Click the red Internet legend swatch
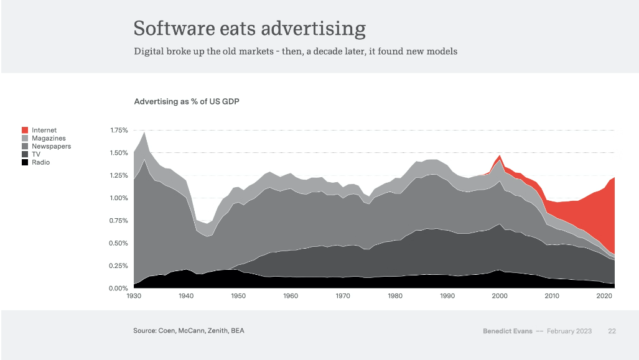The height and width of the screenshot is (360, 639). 25,130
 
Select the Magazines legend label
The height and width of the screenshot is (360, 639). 49,138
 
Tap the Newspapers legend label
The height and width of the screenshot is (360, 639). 51,146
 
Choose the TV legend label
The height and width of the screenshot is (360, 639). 37,154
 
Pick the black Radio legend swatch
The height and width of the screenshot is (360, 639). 25,162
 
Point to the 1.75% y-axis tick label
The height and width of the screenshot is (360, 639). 118,131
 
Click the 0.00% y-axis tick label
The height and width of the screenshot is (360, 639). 118,288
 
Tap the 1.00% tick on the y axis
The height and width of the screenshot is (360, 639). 118,198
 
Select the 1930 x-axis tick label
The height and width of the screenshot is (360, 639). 134,297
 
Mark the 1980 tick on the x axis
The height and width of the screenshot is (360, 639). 395,297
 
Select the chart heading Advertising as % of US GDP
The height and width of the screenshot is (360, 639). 187,101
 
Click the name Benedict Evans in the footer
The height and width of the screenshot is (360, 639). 506,331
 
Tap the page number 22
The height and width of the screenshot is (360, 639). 612,331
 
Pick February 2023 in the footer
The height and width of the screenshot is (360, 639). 569,331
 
